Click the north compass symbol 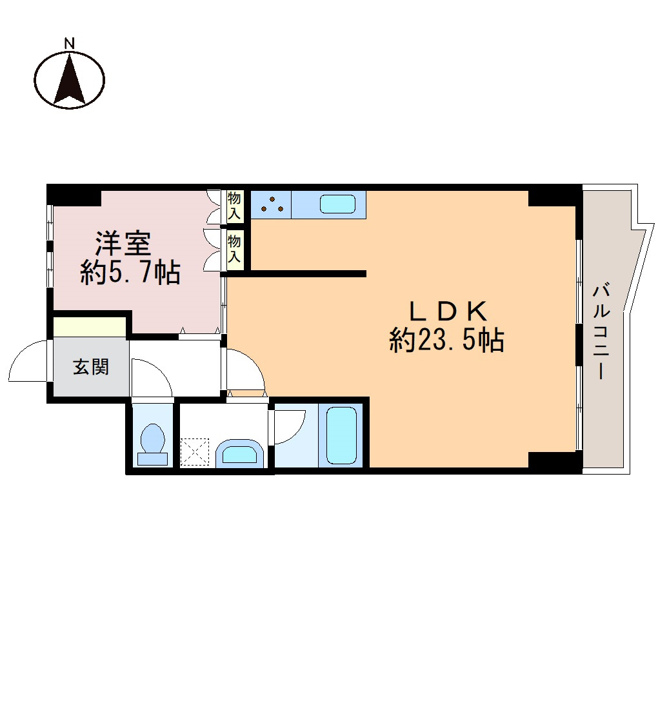pyautogui.click(x=69, y=81)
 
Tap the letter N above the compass pyautogui.click(x=69, y=43)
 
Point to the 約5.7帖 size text pyautogui.click(x=130, y=273)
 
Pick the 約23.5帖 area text pyautogui.click(x=446, y=340)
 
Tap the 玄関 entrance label pyautogui.click(x=91, y=368)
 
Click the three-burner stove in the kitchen pyautogui.click(x=272, y=204)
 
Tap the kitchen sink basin pyautogui.click(x=338, y=204)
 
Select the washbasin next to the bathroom pyautogui.click(x=239, y=453)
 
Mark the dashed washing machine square pyautogui.click(x=195, y=451)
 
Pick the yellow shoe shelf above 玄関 pyautogui.click(x=89, y=327)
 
